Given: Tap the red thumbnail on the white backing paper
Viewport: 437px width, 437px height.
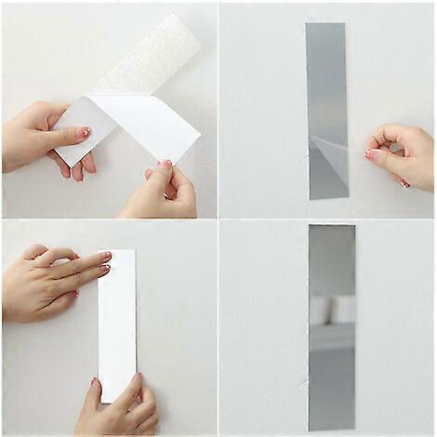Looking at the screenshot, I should pos(84,132).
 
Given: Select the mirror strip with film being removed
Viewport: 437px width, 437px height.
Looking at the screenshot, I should pos(326,93).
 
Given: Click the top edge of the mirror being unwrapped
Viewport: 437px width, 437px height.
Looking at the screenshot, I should pos(326,25).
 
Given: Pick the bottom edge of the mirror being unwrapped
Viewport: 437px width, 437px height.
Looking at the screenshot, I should pos(327,197).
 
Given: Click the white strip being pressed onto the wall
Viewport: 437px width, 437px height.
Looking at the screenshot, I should pos(117,325).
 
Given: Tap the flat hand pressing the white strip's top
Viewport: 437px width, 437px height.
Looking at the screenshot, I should pos(51,284).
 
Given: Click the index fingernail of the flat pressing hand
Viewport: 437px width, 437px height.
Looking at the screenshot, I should pos(104,256).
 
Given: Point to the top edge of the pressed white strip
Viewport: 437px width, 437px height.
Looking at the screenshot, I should pos(117,250).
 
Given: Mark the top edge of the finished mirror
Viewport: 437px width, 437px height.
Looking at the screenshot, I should pos(332,226).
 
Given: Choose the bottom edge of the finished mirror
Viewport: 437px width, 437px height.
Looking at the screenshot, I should pos(331,429).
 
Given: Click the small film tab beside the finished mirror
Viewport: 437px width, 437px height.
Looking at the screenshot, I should pos(304,382).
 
